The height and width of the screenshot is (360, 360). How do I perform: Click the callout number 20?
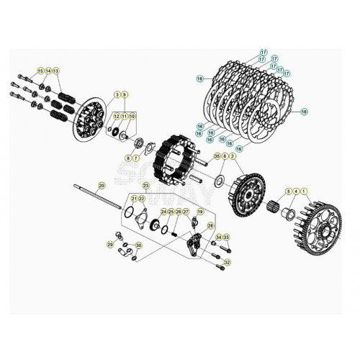(101, 185)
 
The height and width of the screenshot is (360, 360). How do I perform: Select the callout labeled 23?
(147, 185)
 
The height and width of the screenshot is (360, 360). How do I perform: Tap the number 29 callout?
(110, 245)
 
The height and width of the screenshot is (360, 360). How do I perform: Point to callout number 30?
(139, 245)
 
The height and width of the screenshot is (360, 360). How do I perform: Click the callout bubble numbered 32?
(228, 263)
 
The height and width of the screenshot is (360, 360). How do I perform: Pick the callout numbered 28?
(210, 225)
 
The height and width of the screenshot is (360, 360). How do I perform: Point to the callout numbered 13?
(57, 70)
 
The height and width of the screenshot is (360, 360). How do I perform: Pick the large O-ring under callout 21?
(129, 212)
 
